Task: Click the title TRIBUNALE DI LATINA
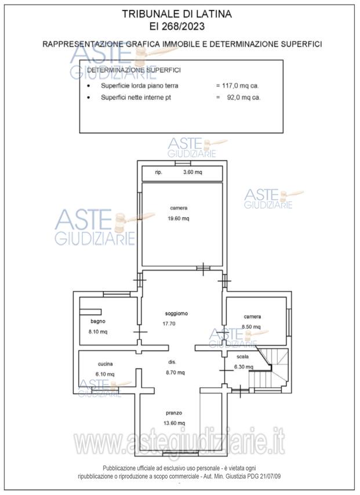[177, 14]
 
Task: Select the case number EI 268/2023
[177, 26]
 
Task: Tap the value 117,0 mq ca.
[241, 86]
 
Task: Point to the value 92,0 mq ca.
[243, 97]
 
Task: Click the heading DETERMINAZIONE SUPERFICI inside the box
[134, 70]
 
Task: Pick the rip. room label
[158, 172]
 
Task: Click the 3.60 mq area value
[192, 172]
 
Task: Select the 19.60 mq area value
[179, 219]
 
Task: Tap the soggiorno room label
[177, 314]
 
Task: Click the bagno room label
[98, 321]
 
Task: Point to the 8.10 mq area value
[98, 332]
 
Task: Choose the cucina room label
[105, 364]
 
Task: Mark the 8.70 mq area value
[175, 373]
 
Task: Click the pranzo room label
[174, 413]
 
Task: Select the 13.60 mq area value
[174, 423]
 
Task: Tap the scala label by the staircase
[242, 356]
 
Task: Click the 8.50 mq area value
[252, 327]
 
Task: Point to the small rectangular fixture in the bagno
[90, 312]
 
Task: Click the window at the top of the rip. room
[183, 163]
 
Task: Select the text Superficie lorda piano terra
[140, 86]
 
